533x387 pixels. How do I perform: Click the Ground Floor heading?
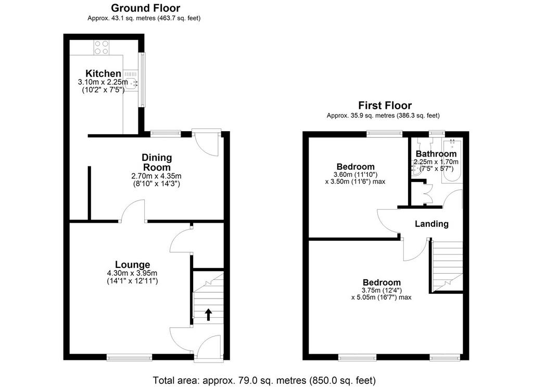(x=146, y=8)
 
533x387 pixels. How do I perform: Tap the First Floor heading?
(x=385, y=105)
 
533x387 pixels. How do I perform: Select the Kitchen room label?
(x=103, y=73)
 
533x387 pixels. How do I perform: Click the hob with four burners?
(x=101, y=47)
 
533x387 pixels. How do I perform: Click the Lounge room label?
(x=132, y=265)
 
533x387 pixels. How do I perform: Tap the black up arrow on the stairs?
(x=208, y=315)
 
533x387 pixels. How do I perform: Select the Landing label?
(x=432, y=224)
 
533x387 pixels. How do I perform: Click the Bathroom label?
(x=436, y=154)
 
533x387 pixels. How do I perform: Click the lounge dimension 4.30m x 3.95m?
(x=132, y=273)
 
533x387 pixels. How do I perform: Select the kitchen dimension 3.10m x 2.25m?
(x=103, y=82)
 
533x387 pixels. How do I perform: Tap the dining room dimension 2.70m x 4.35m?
(x=156, y=176)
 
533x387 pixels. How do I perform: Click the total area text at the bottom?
(x=264, y=380)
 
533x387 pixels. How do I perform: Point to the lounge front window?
(x=129, y=357)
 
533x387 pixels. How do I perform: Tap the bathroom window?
(x=437, y=134)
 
